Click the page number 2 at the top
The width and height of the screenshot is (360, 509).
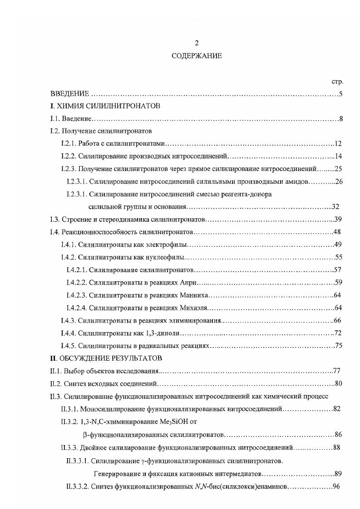(197, 43)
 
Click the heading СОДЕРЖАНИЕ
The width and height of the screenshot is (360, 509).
(197, 56)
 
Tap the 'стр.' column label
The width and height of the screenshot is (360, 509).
(337, 82)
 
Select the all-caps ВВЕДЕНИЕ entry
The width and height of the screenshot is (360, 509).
(69, 94)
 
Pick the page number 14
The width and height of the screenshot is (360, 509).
(338, 157)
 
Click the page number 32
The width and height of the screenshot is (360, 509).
(336, 207)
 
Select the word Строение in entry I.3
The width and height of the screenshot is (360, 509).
(75, 220)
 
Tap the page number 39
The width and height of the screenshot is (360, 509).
(338, 220)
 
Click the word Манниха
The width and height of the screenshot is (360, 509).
(193, 295)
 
